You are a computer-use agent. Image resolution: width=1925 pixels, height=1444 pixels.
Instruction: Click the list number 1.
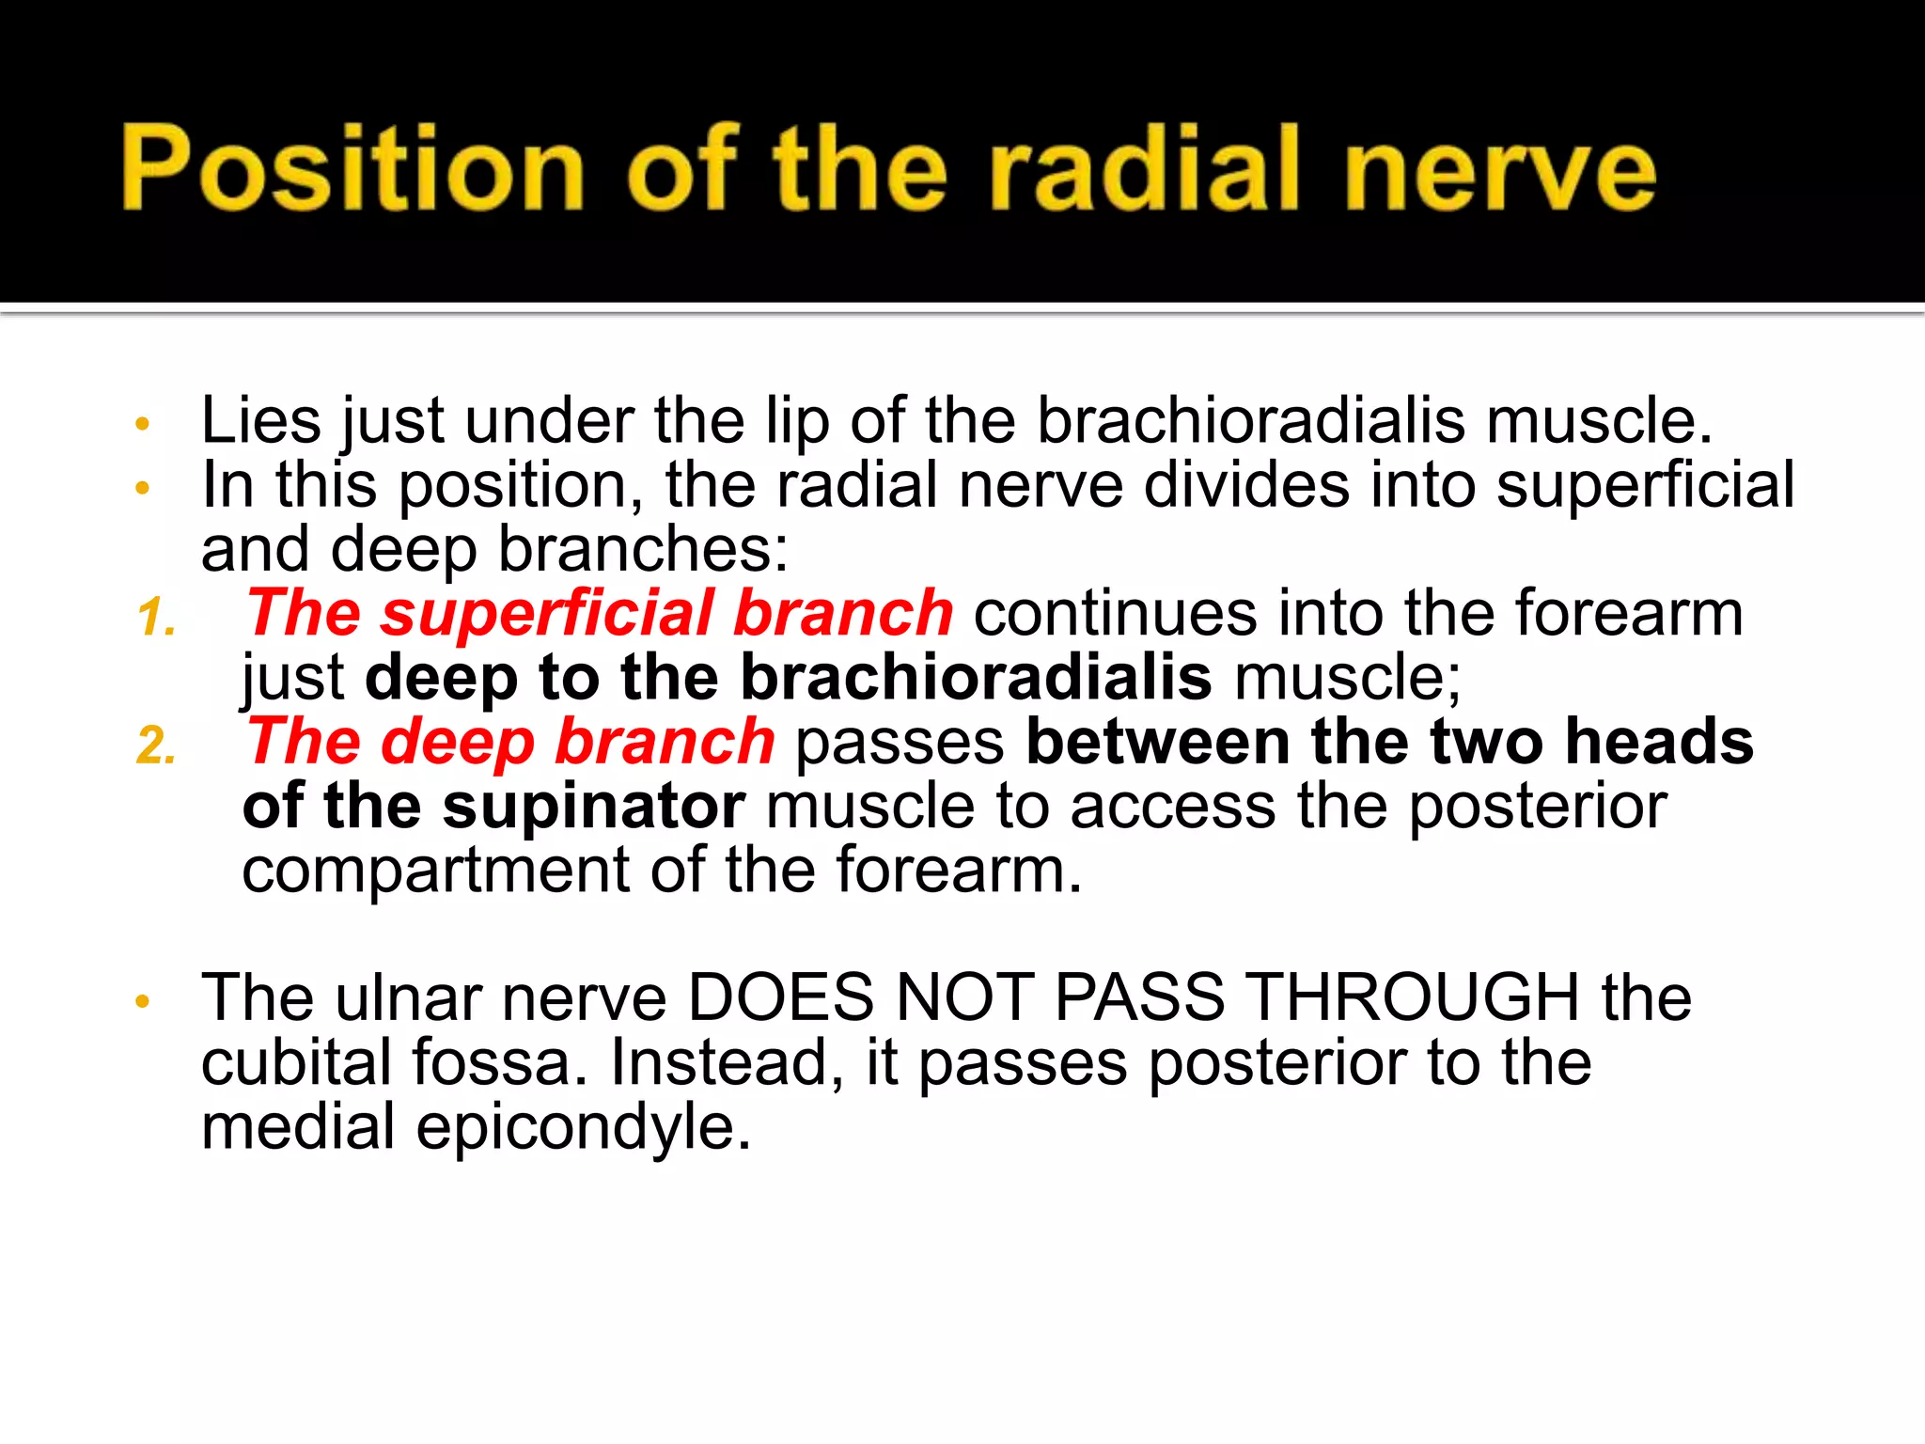[x=156, y=620]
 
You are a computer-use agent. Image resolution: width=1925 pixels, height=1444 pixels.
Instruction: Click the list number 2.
[x=156, y=747]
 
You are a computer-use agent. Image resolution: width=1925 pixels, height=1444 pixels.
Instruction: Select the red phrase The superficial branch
[x=600, y=613]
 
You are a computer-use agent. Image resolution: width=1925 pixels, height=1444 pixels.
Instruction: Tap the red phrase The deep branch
[x=510, y=742]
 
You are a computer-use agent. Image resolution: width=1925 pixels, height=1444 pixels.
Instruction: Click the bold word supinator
[x=593, y=807]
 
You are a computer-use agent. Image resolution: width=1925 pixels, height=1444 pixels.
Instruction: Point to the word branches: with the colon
[x=643, y=550]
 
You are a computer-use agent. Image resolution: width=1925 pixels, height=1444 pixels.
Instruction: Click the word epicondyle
[x=584, y=1127]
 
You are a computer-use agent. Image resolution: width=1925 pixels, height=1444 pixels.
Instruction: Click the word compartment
[x=435, y=871]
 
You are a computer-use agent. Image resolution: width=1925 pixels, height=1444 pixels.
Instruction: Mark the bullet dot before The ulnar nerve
[x=142, y=1002]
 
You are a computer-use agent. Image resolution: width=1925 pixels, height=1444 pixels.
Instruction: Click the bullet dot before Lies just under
[x=142, y=424]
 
